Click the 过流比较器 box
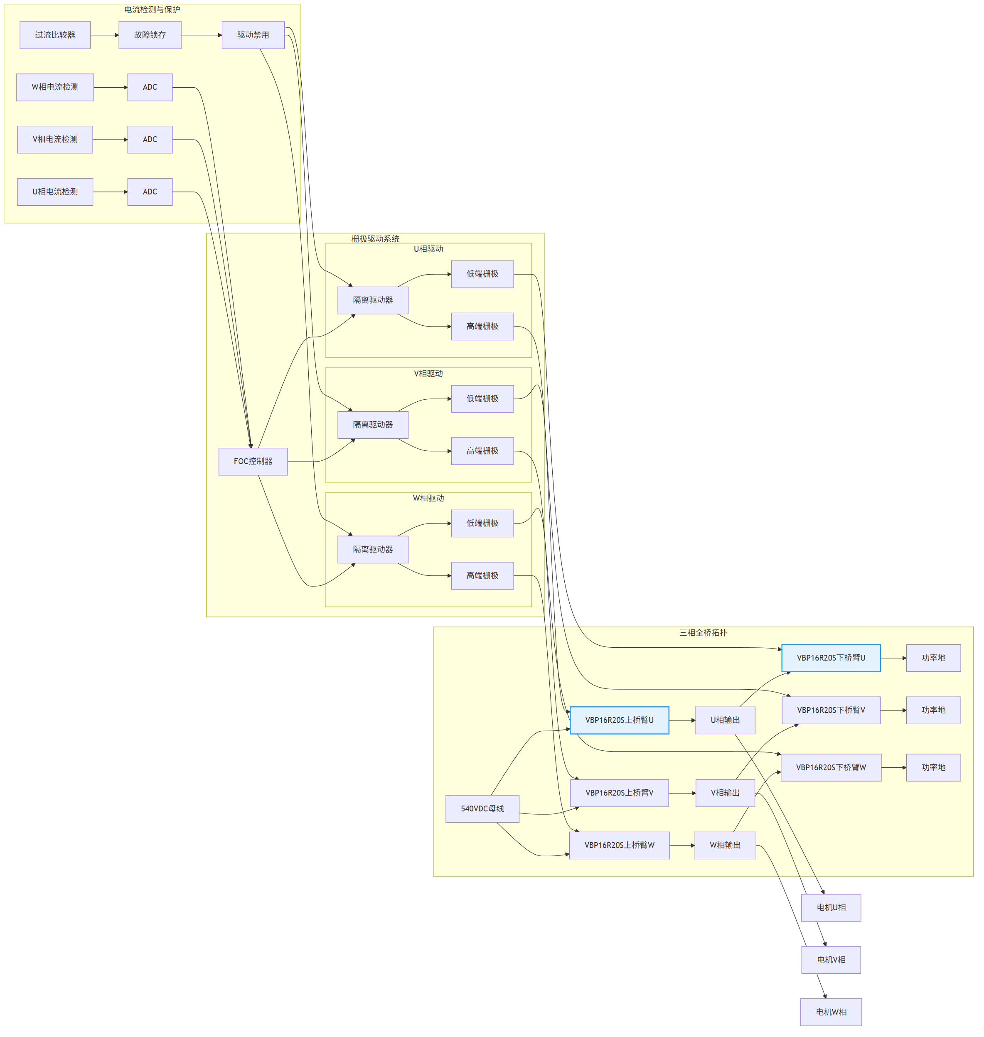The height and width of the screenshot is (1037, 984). click(55, 35)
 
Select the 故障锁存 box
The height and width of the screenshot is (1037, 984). click(150, 35)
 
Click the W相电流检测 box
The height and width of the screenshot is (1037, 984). click(55, 87)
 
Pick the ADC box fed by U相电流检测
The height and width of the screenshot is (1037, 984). click(150, 192)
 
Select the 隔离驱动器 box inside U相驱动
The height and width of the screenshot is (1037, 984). click(373, 300)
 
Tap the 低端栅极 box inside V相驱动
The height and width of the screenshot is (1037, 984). click(482, 399)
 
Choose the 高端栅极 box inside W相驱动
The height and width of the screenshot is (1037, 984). click(482, 575)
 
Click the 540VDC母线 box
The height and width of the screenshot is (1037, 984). click(482, 809)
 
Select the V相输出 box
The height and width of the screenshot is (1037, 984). click(726, 793)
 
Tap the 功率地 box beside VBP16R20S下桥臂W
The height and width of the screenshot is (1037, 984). click(934, 767)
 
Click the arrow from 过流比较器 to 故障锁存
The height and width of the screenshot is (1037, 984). click(105, 35)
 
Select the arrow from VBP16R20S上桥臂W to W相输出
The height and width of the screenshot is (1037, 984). click(682, 845)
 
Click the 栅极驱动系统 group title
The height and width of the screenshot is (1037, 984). click(375, 239)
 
